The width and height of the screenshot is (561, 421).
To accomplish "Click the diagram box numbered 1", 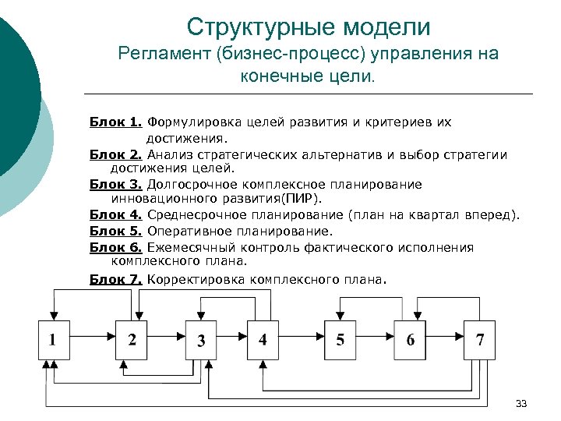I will pyautogui.click(x=54, y=339).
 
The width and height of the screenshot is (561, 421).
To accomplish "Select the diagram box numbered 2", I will pyautogui.click(x=132, y=339).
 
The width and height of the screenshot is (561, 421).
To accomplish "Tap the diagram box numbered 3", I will pyautogui.click(x=201, y=340).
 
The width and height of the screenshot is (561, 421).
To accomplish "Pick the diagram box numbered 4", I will pyautogui.click(x=263, y=339).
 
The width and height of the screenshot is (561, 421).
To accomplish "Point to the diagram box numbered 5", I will pyautogui.click(x=340, y=339).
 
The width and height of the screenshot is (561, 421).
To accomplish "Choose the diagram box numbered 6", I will pyautogui.click(x=409, y=339).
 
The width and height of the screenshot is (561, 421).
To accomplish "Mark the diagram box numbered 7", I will pyautogui.click(x=479, y=339).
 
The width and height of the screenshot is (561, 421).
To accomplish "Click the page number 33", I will pyautogui.click(x=521, y=403).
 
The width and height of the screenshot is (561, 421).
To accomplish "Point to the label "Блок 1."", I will pyautogui.click(x=115, y=122).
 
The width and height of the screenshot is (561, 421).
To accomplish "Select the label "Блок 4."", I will pyautogui.click(x=115, y=215).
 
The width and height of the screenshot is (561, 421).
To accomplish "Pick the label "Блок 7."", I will pyautogui.click(x=115, y=278).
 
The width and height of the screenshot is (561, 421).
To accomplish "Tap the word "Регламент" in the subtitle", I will pyautogui.click(x=164, y=55).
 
